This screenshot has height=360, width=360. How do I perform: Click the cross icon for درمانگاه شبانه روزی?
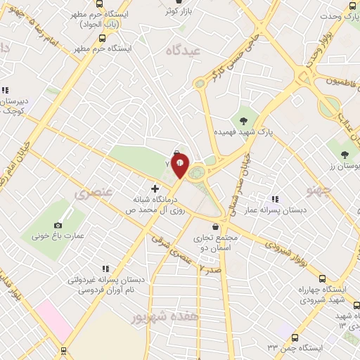155,188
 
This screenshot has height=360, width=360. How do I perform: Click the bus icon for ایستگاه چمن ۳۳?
295,337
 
